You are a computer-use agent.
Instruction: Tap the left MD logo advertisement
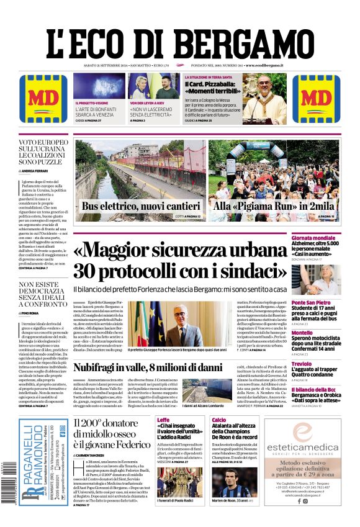[x=43, y=99]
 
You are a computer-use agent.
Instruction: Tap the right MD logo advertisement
[x=316, y=99]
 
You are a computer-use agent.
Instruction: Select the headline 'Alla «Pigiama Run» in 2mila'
[x=274, y=207]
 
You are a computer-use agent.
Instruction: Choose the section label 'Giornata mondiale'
[x=313, y=238]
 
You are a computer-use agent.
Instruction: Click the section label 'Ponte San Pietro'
[x=312, y=302]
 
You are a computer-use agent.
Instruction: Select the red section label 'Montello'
[x=302, y=333]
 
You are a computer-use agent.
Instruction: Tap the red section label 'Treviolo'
[x=302, y=364]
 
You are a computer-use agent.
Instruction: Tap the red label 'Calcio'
[x=218, y=420]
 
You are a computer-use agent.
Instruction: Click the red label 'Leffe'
[x=163, y=420]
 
